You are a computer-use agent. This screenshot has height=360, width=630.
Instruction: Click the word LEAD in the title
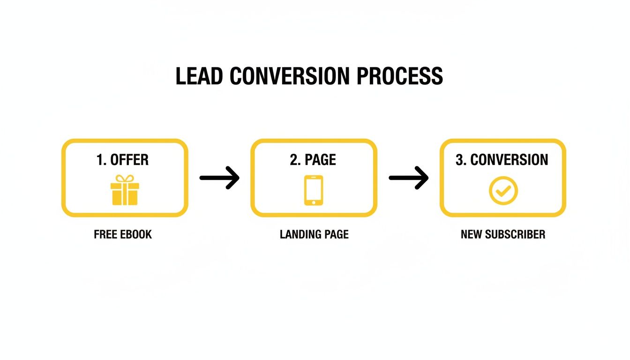pos(200,76)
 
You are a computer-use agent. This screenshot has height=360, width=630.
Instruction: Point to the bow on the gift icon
pos(124,179)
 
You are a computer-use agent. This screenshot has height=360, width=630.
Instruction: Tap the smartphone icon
pos(314,190)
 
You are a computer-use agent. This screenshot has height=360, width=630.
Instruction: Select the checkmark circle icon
pos(503,190)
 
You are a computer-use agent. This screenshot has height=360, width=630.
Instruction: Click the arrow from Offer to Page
pos(219,178)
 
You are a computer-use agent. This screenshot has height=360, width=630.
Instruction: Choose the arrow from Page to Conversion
pos(409,178)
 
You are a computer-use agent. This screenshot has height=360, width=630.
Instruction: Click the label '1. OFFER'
pos(123,160)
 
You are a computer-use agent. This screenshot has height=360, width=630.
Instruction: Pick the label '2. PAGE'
pos(313,160)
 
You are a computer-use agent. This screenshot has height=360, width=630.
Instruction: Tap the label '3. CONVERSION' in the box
pos(502,160)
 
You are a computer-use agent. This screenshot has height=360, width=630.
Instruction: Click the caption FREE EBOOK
pos(123,234)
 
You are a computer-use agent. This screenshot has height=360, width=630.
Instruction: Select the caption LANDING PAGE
pos(314,234)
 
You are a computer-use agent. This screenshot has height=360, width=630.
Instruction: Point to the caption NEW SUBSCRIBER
pos(503,234)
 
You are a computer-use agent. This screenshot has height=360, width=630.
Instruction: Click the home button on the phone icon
pos(314,202)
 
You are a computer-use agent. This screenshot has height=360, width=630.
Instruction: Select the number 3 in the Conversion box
pos(460,160)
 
